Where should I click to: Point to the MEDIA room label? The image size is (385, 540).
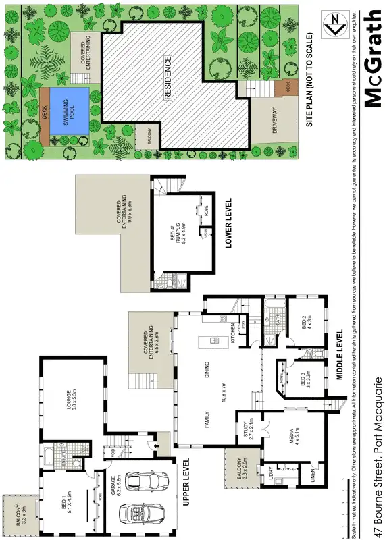coord(283,433)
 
